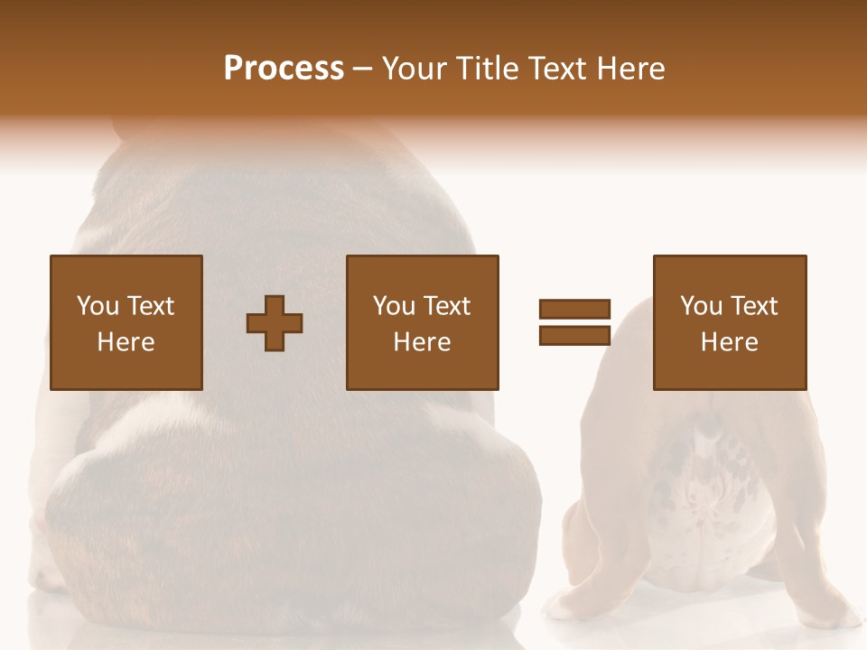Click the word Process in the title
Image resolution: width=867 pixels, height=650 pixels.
click(284, 69)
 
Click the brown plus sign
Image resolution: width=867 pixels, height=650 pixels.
click(275, 323)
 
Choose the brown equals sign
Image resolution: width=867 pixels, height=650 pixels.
click(574, 322)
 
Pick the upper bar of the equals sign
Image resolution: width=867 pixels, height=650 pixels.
click(574, 310)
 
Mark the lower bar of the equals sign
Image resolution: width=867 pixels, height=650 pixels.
click(574, 335)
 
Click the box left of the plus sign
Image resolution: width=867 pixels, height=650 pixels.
click(126, 322)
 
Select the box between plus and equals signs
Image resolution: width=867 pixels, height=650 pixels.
click(422, 322)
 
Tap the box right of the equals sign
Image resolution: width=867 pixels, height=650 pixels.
click(729, 322)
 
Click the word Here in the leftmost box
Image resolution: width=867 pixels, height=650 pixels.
click(126, 342)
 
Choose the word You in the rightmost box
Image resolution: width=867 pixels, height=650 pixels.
click(701, 306)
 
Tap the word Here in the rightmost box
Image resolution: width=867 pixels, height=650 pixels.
click(729, 342)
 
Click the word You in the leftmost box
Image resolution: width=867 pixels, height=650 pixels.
click(98, 306)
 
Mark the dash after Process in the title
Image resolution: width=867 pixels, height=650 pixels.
click(362, 70)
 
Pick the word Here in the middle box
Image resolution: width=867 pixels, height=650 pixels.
click(422, 342)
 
